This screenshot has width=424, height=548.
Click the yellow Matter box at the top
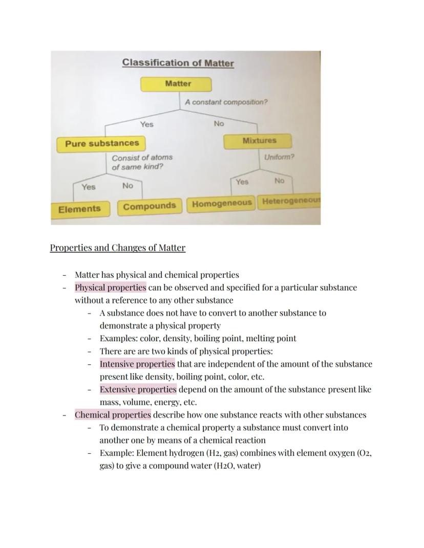coord(176,84)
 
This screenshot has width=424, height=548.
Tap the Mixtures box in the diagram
coord(258,141)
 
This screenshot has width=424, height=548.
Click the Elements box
coord(79,209)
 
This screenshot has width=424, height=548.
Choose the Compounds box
coord(150,207)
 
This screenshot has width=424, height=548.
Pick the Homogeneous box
coord(222,204)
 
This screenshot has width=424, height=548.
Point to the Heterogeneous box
coord(290,202)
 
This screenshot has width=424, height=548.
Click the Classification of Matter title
coord(178,63)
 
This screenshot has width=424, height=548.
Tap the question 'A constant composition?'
coord(226,102)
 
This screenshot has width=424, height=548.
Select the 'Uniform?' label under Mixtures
coord(279,157)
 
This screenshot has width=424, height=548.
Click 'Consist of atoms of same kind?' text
coord(142,162)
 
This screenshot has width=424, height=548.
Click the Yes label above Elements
coord(89,187)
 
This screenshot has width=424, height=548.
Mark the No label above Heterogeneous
coord(279,181)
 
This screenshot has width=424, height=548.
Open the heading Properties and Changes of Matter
coord(117,248)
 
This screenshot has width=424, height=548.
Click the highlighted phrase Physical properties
coord(110,288)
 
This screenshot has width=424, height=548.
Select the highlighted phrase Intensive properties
coord(137,364)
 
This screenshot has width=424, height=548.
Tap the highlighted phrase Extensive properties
coord(138,389)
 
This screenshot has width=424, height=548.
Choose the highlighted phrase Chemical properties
coord(113,415)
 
